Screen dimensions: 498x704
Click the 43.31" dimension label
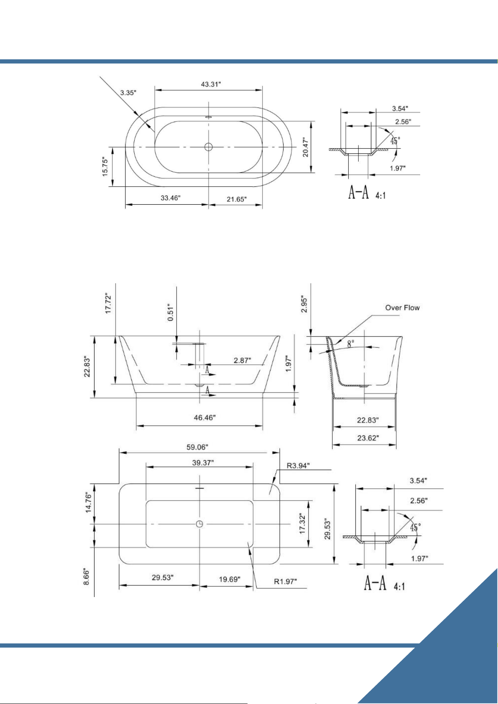211,84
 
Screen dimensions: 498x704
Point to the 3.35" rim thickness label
128,93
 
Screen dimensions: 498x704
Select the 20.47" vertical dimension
305,147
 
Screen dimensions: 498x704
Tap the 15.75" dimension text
105,167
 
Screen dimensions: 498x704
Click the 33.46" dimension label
171,198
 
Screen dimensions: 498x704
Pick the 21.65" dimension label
237,199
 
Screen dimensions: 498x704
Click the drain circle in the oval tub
209,147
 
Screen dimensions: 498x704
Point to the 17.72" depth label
108,303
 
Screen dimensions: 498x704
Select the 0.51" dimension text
171,312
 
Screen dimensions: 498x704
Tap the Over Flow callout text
402,308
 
